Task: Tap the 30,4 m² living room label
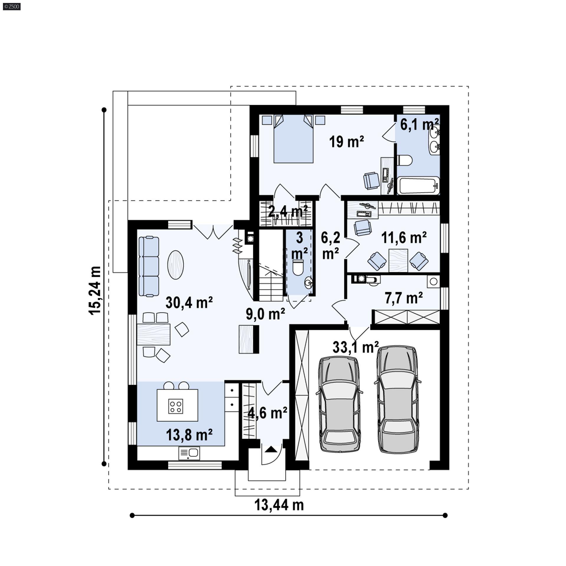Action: coord(189,302)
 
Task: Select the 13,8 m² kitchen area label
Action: coord(189,435)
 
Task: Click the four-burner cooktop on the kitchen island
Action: coord(176,406)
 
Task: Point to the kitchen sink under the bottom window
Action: coord(189,453)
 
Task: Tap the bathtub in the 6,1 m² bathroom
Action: coord(418,185)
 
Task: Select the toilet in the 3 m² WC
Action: coord(298,267)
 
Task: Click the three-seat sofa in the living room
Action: coord(149,266)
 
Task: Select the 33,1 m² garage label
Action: coord(356,347)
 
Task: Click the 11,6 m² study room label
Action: coord(404,238)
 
